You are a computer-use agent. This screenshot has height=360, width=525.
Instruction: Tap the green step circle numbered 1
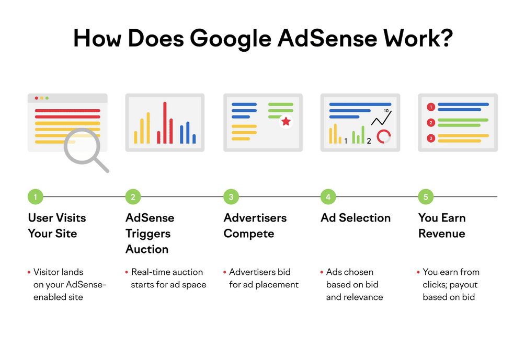(35, 197)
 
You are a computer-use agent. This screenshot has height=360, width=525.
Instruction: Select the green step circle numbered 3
(231, 197)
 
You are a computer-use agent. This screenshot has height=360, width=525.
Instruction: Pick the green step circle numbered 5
(426, 197)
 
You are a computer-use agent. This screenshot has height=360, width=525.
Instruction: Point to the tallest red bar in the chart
(165, 122)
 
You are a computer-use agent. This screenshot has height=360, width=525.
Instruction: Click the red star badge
(286, 122)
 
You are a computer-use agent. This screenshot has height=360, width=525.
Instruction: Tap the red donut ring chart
(384, 136)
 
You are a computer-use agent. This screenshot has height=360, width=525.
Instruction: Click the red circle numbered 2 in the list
(431, 123)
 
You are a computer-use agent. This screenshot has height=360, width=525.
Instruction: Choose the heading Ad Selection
(356, 218)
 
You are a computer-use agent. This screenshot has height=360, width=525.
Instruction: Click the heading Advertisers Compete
(255, 226)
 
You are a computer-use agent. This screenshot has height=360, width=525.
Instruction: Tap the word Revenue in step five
(442, 234)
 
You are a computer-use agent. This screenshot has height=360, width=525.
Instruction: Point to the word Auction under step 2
(147, 249)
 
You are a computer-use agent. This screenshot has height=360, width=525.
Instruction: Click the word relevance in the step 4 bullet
(355, 297)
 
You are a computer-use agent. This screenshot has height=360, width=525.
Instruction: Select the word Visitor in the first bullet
(48, 272)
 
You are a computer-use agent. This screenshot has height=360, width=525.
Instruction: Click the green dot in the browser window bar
(47, 98)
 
